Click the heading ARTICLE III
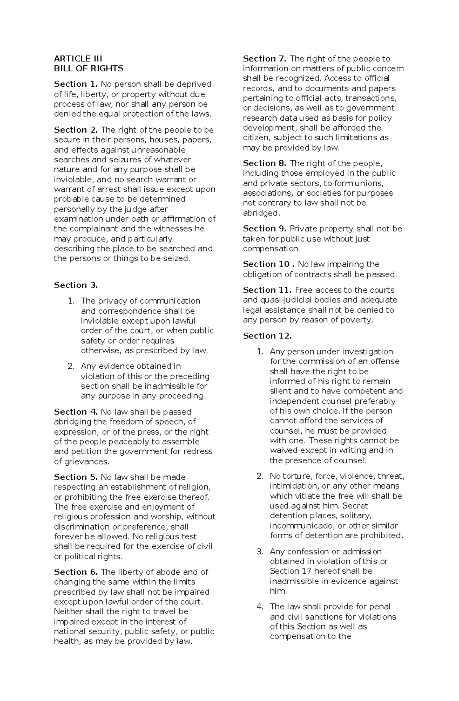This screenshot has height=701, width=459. [x=78, y=59]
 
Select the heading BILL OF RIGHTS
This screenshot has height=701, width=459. [x=88, y=69]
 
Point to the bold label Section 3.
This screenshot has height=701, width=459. [x=76, y=285]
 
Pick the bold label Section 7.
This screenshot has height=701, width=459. [x=265, y=59]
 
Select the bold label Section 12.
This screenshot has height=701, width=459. [x=267, y=336]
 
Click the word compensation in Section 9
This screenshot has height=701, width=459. [x=271, y=249]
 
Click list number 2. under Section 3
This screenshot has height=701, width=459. [x=71, y=366]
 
